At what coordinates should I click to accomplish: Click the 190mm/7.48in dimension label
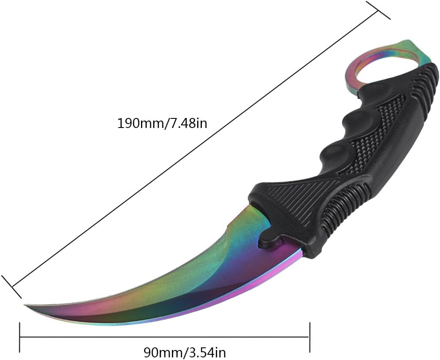click(162, 123)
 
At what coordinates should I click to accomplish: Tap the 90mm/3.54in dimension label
click(185, 351)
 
